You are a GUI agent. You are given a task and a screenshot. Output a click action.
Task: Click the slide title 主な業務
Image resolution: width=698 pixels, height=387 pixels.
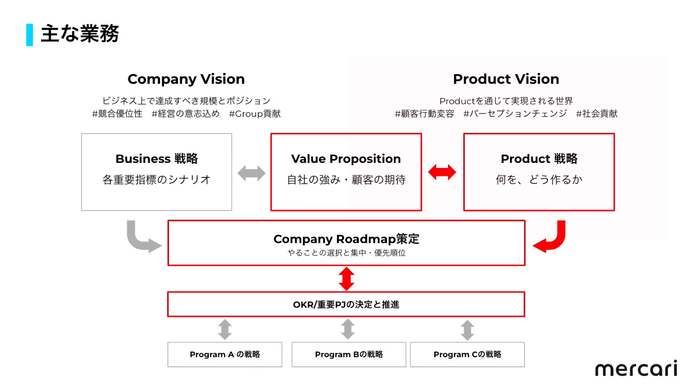(x=80, y=33)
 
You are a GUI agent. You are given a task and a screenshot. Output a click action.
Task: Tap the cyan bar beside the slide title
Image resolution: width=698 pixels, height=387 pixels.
(x=29, y=35)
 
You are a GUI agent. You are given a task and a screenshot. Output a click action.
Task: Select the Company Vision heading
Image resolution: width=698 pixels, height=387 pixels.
(x=186, y=79)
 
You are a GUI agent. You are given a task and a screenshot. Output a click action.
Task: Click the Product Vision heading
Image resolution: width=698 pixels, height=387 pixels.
(x=506, y=79)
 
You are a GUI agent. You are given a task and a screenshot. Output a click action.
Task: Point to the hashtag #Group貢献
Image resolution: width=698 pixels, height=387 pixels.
(x=255, y=114)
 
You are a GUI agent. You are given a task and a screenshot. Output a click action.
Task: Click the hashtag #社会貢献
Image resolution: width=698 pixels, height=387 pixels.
(x=597, y=114)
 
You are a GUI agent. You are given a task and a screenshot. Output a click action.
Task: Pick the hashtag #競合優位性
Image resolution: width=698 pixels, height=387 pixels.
(x=117, y=114)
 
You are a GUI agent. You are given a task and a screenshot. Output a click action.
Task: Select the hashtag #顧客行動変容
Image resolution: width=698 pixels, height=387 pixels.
(x=424, y=114)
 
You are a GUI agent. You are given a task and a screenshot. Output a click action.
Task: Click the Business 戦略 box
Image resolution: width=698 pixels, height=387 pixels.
(x=157, y=172)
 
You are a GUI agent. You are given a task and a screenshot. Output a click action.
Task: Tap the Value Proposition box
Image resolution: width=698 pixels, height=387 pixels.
(x=346, y=172)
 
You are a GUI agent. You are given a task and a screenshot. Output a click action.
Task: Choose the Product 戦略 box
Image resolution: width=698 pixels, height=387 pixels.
(x=539, y=172)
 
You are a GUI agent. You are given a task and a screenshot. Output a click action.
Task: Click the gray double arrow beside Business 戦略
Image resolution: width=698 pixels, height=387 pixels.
(x=251, y=173)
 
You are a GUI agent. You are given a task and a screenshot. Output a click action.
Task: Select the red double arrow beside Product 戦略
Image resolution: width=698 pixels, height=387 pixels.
(x=442, y=172)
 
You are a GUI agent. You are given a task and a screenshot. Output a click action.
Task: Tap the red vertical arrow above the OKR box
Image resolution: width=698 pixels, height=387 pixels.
(x=346, y=279)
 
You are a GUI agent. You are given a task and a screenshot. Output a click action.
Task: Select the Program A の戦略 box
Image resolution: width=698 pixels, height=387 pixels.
(x=225, y=354)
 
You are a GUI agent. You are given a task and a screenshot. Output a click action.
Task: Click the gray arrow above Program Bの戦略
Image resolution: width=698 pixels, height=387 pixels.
(x=348, y=329)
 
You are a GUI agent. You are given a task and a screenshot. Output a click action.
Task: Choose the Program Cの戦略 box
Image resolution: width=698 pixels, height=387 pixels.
(x=467, y=354)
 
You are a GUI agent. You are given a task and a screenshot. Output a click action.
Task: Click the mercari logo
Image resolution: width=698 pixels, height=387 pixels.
(x=636, y=368)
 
